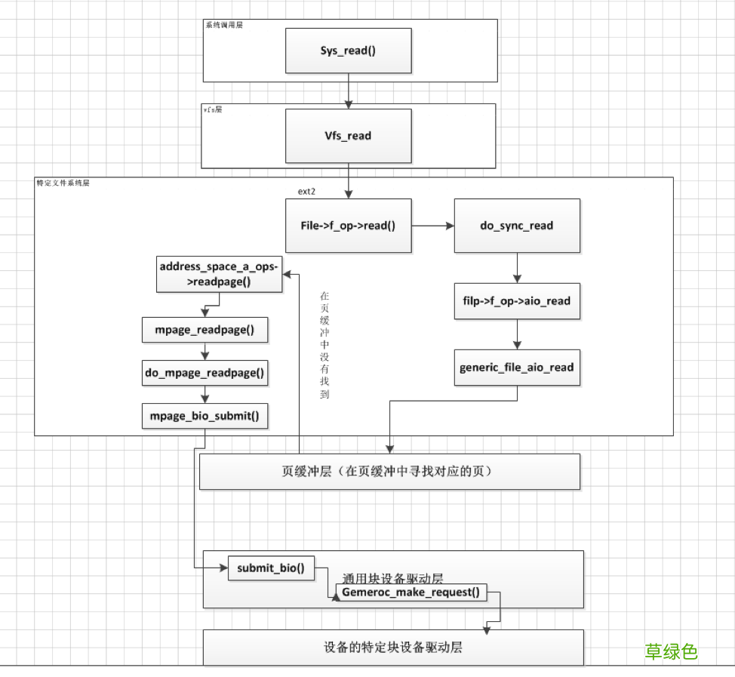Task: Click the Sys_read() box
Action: [348, 51]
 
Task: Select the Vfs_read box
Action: [348, 136]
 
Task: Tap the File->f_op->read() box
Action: [348, 225]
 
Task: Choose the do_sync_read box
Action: [517, 225]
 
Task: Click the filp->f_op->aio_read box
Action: [517, 301]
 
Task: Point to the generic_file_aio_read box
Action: [517, 368]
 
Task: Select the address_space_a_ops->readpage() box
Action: [219, 273]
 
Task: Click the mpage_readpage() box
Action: [205, 330]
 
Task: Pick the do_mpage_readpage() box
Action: [205, 372]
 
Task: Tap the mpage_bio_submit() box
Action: [205, 415]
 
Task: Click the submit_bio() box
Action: [271, 568]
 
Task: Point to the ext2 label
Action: [306, 192]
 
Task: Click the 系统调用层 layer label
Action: [224, 25]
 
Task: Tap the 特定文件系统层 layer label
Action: [63, 183]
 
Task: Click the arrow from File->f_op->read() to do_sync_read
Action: [432, 225]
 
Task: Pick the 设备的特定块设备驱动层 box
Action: [393, 648]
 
